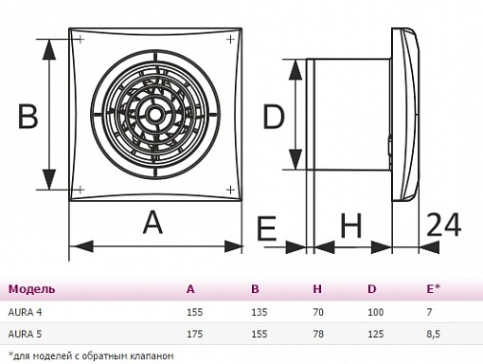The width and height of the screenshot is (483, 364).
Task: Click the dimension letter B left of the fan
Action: pos(27,117)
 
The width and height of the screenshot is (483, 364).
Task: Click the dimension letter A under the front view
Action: pos(153,223)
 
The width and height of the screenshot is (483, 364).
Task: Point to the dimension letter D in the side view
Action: pos(274,117)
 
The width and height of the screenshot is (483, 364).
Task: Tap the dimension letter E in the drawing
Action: pos(267,228)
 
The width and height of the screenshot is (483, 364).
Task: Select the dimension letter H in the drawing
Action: pos(351,226)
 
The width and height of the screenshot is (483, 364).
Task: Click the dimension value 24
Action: pos(444,225)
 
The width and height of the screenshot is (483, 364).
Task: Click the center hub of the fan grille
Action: pos(155,115)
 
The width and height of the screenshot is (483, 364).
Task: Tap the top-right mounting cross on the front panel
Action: pos(231,40)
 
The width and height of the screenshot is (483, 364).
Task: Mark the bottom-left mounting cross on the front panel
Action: pos(80,190)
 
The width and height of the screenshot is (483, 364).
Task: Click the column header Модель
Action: pos(31,289)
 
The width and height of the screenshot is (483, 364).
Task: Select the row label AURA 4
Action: pos(25,312)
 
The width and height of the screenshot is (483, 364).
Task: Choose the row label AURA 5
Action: pos(25,334)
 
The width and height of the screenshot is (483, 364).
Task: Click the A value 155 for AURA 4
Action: pos(194,312)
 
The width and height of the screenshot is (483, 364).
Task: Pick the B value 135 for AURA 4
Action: pos(259,312)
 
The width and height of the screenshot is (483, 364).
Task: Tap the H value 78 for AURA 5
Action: pos(318,334)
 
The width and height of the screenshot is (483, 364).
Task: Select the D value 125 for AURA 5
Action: pos(376,334)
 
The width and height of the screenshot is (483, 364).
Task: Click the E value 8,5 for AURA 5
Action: pos(433,334)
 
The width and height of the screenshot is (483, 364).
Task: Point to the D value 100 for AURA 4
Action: pos(376,312)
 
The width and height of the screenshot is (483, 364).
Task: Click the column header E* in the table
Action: pos(433,288)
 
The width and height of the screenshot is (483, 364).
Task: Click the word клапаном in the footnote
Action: pos(153,356)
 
